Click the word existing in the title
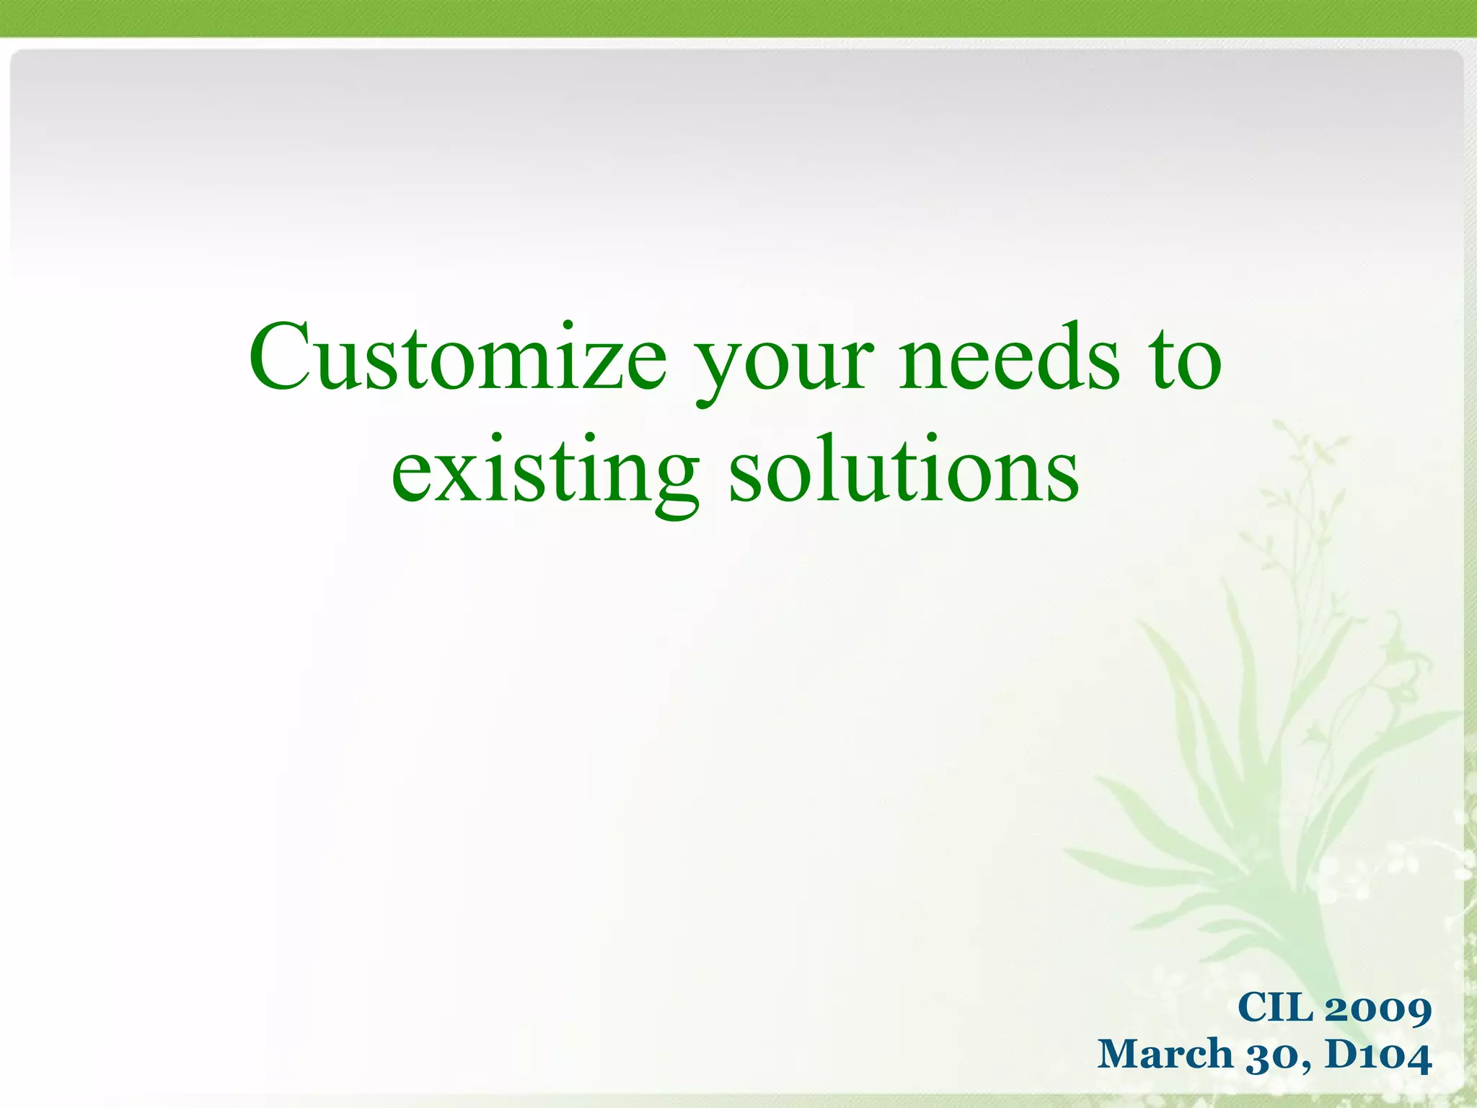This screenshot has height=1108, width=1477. click(x=544, y=472)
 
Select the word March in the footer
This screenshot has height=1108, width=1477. click(x=1165, y=1054)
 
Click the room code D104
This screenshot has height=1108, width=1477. click(x=1378, y=1055)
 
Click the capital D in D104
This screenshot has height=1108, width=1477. click(x=1341, y=1054)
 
